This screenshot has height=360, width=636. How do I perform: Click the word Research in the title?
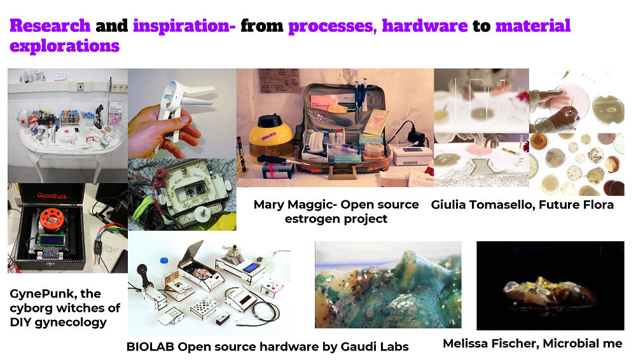(50, 25)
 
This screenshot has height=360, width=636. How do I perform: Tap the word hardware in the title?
(425, 25)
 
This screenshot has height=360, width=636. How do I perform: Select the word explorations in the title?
(64, 46)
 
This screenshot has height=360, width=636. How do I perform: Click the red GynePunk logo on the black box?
(52, 196)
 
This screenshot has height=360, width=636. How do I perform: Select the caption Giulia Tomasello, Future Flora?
(522, 205)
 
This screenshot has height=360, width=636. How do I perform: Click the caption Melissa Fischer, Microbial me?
(532, 343)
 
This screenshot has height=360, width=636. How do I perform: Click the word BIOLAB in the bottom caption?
(150, 347)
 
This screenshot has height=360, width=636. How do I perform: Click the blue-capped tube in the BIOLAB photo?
(164, 267)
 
